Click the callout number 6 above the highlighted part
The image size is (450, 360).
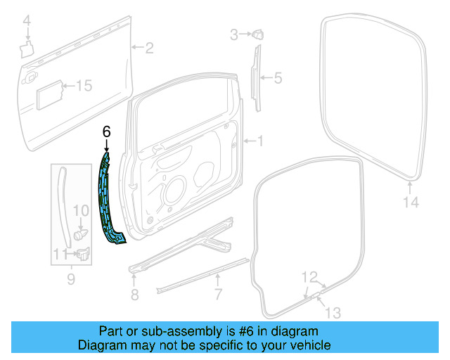[x=106, y=131]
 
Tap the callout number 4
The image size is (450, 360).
[x=27, y=23]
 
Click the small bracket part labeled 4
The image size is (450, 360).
[x=26, y=49]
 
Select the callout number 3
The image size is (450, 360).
[x=235, y=33]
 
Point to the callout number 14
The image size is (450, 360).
[x=411, y=202]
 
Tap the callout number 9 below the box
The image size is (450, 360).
[x=70, y=281]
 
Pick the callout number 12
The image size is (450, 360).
[x=310, y=276]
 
